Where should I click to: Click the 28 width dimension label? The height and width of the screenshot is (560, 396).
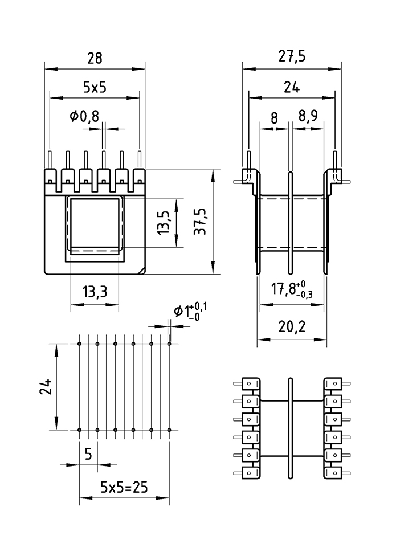coord(95,58)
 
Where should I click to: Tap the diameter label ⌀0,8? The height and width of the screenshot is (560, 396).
coord(84,116)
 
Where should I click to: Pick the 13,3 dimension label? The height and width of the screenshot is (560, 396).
coord(95,293)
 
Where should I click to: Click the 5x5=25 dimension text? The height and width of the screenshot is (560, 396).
coord(124,487)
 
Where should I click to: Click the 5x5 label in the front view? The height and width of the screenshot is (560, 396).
coord(95,87)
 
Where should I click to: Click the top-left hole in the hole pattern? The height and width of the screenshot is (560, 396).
coord(80,344)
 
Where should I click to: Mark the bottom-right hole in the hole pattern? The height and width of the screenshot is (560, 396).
coord(169,429)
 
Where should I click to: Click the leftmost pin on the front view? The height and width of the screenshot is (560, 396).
coord(50,160)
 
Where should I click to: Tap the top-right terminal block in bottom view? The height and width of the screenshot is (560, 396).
coord(333,384)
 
